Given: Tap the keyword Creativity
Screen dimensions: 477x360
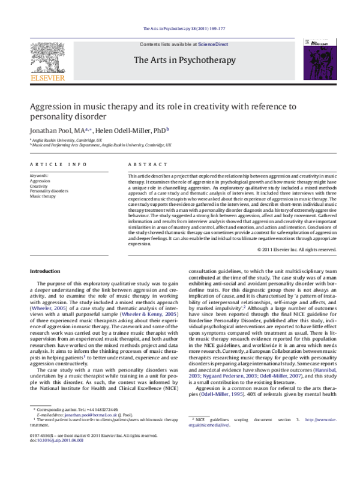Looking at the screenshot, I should click(39, 186).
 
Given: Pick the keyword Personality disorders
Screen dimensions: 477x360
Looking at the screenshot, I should click(49, 191).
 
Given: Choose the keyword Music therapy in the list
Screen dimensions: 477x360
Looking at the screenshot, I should click(43, 196).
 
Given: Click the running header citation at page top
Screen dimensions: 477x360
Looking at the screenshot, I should click(179, 29).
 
